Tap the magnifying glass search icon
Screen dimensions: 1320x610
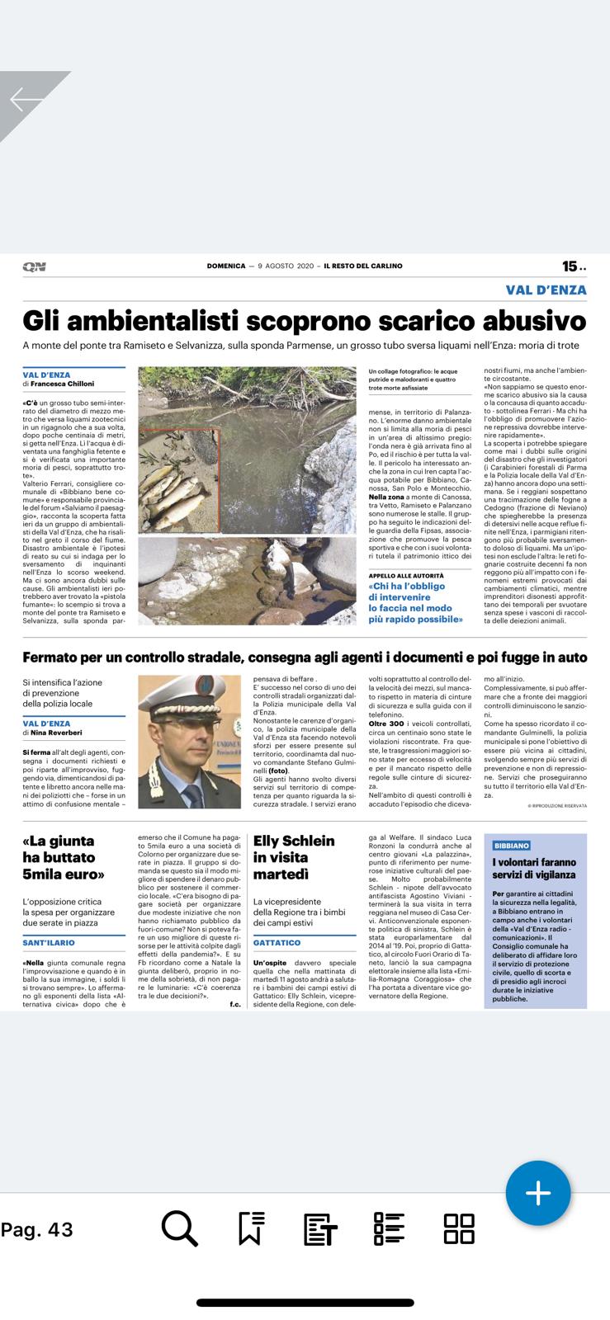(x=179, y=1229)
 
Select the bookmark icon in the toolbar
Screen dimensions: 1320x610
(x=250, y=1229)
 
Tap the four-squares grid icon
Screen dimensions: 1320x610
(x=459, y=1229)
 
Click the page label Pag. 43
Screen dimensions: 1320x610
(x=37, y=1230)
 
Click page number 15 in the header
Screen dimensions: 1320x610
(x=570, y=266)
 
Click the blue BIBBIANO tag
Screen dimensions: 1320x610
(x=511, y=846)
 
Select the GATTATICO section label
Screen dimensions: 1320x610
(x=277, y=942)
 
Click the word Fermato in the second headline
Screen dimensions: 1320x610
(x=61, y=658)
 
